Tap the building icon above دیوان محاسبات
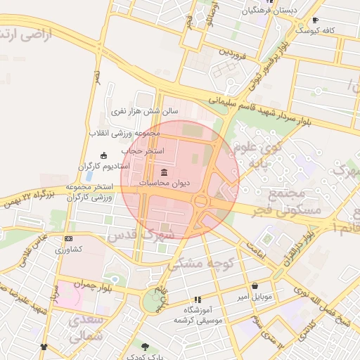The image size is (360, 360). pyautogui.click(x=165, y=172)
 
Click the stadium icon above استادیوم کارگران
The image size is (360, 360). pyautogui.click(x=105, y=155)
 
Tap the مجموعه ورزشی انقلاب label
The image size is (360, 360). pyautogui.click(x=125, y=133)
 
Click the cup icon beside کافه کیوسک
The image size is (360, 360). pyautogui.click(x=315, y=20)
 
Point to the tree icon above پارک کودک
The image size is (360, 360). pyautogui.click(x=145, y=346)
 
